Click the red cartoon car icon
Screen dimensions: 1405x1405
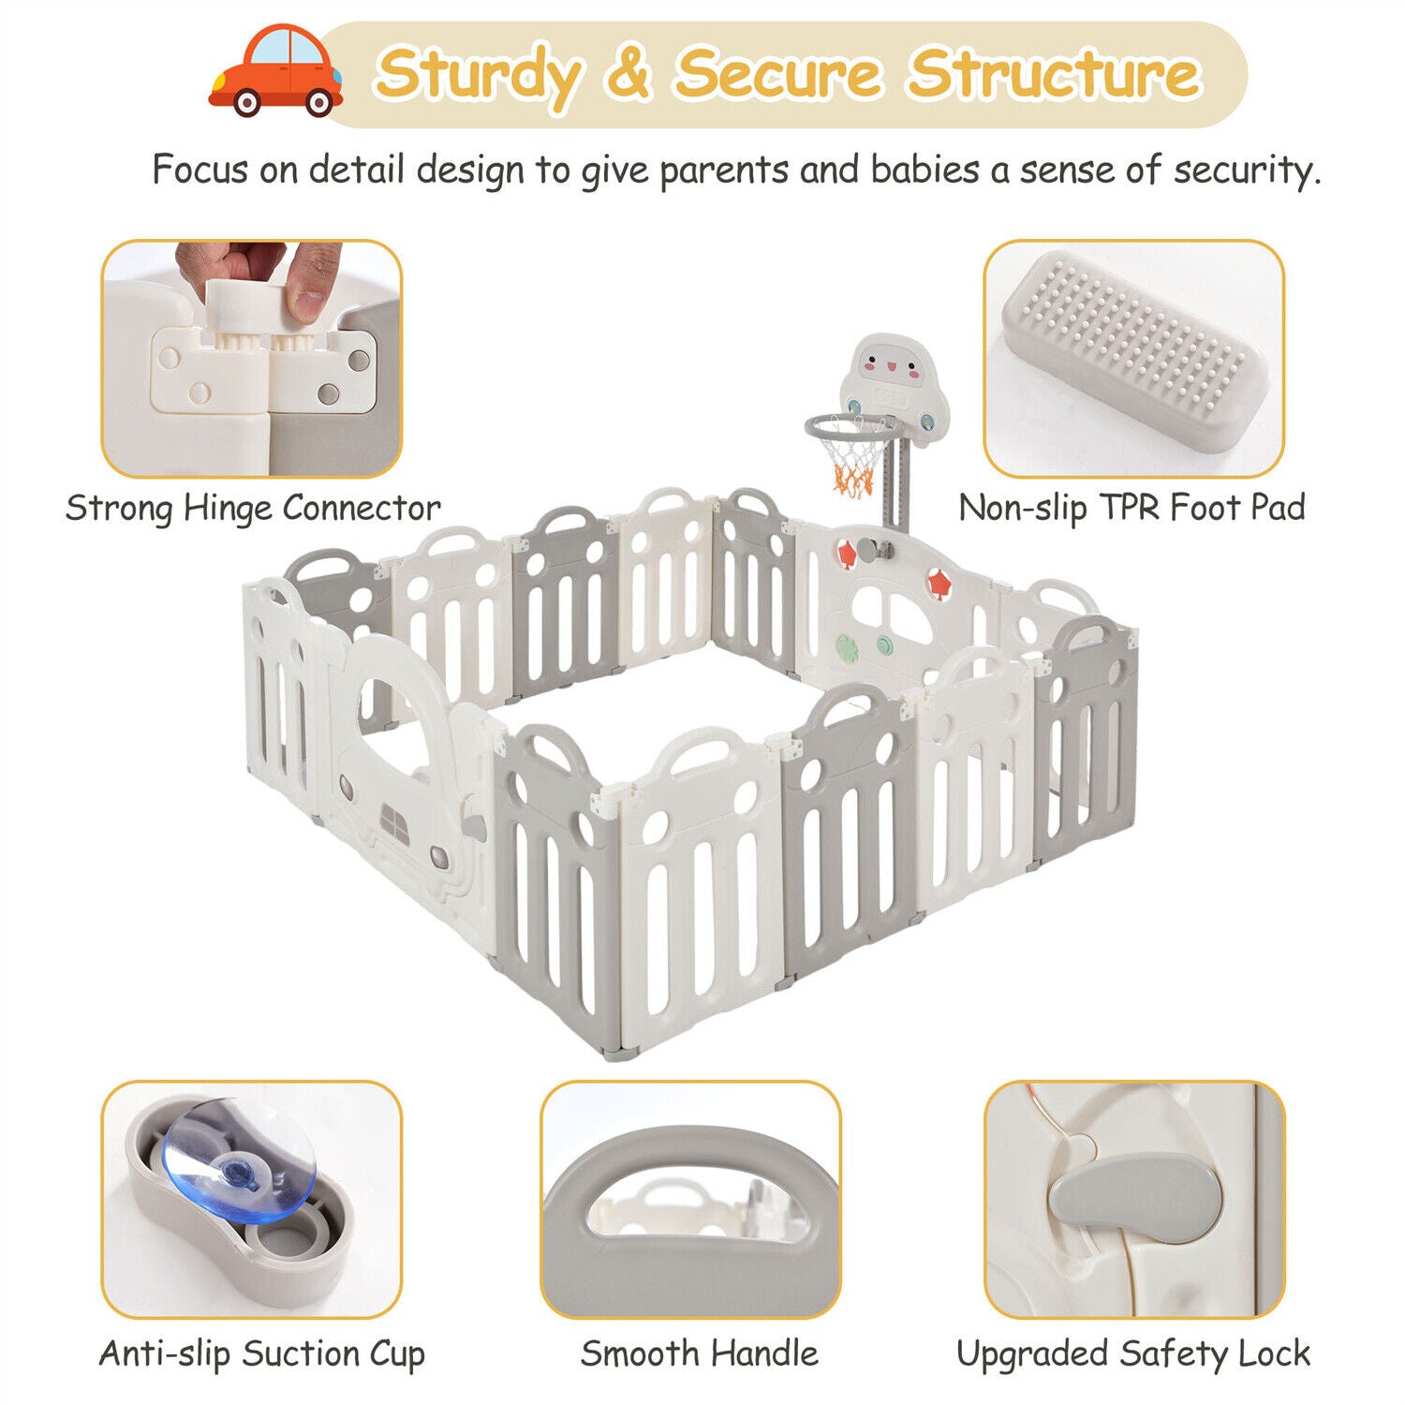point(274,71)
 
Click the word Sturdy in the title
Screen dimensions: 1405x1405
point(478,75)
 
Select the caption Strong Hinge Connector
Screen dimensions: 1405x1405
point(253,508)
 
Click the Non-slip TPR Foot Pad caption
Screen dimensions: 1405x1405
point(1131,508)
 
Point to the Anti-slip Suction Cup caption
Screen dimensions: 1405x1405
point(262,1353)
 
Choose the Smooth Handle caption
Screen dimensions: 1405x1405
point(699,1353)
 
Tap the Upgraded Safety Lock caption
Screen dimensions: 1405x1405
point(1133,1353)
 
